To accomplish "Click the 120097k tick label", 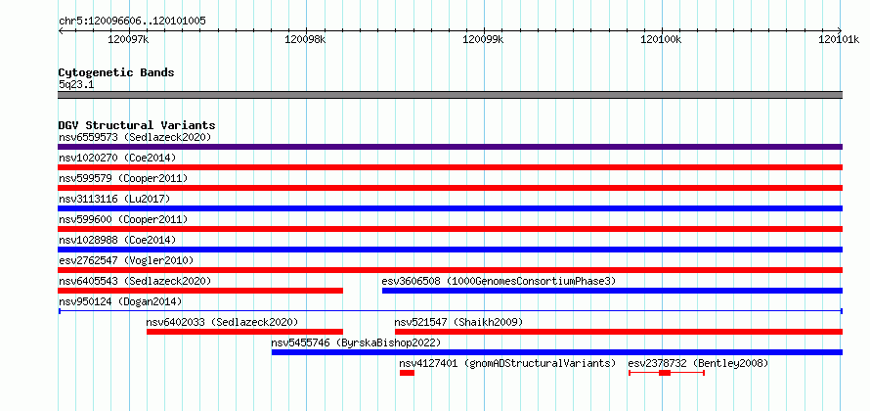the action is (x=129, y=39).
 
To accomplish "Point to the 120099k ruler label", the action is (x=483, y=39).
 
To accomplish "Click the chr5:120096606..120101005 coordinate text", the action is (x=132, y=22).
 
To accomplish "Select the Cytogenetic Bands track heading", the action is (x=116, y=72).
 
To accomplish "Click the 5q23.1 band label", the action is (x=72, y=85).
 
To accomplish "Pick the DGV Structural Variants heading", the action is (x=137, y=125).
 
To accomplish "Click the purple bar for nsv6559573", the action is (x=450, y=147).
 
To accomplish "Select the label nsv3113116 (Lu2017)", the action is (x=114, y=199).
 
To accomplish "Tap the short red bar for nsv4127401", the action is (x=407, y=373).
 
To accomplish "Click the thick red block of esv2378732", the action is (x=665, y=373).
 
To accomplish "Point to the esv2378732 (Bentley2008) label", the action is (x=698, y=363).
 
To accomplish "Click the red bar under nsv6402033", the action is (x=244, y=332).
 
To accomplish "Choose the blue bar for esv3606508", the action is (x=613, y=291).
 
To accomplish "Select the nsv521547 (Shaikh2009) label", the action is (x=458, y=322).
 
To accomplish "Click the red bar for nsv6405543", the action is (x=200, y=291).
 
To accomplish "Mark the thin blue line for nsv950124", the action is (x=450, y=311).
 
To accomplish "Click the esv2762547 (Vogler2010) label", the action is (x=126, y=260).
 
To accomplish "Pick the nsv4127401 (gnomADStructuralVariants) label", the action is (x=507, y=363).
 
